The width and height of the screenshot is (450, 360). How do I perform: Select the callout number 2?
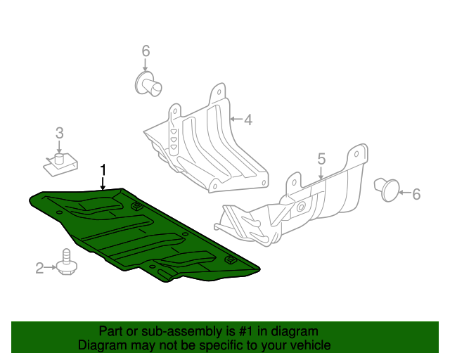tap(40, 266)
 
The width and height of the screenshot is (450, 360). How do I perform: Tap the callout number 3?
tap(60, 132)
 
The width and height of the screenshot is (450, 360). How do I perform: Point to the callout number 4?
tap(247, 120)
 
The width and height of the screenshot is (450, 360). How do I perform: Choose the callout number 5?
tap(321, 159)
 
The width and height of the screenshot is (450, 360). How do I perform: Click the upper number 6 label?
tap(146, 51)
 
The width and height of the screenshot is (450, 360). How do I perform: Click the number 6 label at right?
tap(416, 194)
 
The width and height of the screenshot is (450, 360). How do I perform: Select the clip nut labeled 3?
tap(58, 164)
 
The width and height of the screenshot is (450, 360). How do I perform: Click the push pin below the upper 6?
tap(148, 83)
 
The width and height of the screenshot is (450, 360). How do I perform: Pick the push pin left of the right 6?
tap(387, 189)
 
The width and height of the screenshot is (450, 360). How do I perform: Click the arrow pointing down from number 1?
tap(103, 184)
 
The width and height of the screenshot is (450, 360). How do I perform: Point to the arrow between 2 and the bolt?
tap(51, 266)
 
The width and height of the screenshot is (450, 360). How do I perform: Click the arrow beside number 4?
tap(236, 120)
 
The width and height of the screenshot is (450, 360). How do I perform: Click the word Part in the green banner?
tap(110, 331)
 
